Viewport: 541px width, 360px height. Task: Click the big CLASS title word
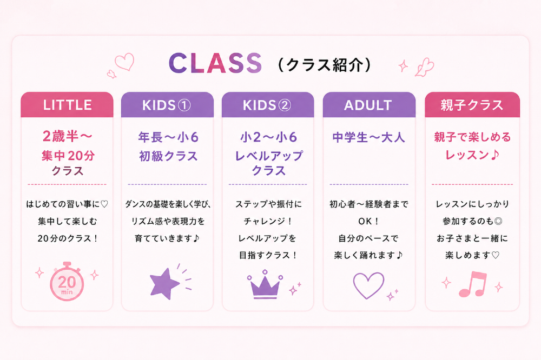tap(215, 63)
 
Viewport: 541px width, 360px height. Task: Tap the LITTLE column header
tap(67, 105)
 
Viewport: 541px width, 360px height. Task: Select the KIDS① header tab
tap(167, 105)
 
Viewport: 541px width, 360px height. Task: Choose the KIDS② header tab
tap(268, 105)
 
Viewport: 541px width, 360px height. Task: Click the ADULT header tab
tap(369, 105)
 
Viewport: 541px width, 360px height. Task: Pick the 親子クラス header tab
tap(472, 105)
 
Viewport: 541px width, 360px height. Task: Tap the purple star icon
tap(164, 283)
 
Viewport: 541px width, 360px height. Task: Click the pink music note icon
tap(473, 283)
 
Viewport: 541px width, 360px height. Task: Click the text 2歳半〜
tap(67, 136)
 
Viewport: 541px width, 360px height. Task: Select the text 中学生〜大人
tap(369, 137)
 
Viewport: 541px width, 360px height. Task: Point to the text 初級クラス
tap(168, 156)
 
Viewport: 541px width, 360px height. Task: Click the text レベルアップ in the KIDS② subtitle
tap(268, 156)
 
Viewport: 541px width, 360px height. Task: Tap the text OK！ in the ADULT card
tap(369, 221)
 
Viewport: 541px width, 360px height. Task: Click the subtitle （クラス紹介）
tap(324, 65)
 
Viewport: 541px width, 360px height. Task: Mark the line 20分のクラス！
tap(67, 238)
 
